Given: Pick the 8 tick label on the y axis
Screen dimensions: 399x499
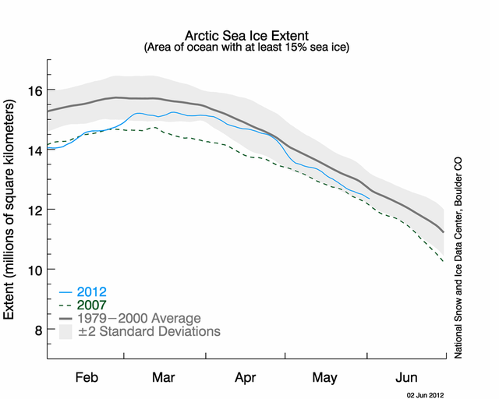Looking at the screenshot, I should (36, 330).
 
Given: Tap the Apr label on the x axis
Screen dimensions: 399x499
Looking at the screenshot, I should (246, 378).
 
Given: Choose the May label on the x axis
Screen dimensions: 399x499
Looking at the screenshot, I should (325, 378).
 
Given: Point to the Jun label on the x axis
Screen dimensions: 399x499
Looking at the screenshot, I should (405, 378).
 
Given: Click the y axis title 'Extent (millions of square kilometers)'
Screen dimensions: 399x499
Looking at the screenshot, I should (12, 210).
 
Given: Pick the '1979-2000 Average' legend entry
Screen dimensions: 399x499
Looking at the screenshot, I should (140, 318).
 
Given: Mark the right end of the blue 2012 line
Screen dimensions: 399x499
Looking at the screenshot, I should (370, 199).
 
